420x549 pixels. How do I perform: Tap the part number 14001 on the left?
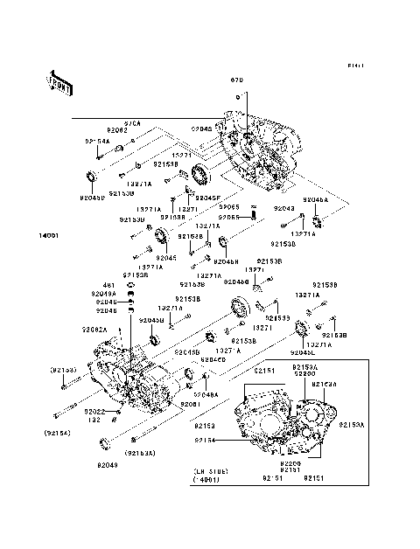[x=48, y=235]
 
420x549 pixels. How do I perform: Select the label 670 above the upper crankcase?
[x=235, y=80]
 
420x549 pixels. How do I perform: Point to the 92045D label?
[x=92, y=198]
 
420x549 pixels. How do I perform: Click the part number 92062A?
[x=94, y=329]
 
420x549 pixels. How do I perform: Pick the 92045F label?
[x=207, y=198]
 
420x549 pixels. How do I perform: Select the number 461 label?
[x=109, y=285]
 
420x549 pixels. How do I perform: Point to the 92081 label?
[x=191, y=404]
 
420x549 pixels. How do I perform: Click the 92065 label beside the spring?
[x=229, y=216]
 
